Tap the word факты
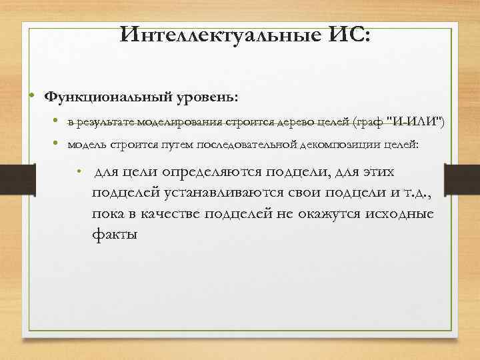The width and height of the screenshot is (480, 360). (115, 234)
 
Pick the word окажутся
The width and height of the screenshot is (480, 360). (317, 214)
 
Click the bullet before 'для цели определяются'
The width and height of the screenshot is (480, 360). (79, 172)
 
